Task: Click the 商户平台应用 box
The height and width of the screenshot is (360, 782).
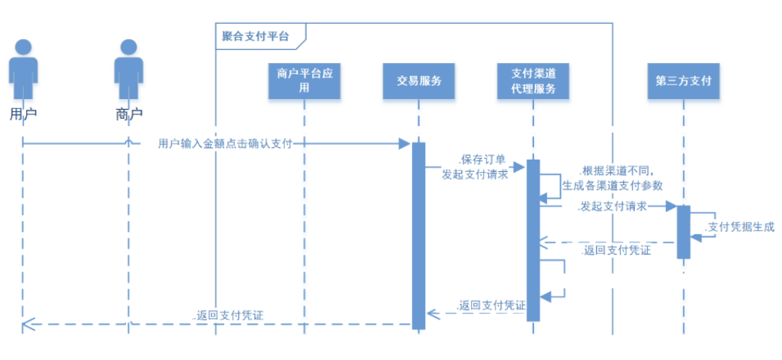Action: point(304,81)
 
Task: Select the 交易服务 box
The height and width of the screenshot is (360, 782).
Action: point(419,81)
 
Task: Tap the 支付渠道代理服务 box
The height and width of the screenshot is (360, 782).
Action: point(533,81)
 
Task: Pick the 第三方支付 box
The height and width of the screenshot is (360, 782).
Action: point(683,81)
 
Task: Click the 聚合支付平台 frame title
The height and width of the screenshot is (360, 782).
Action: point(256,35)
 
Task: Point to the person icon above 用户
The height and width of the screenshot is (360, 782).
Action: point(23,69)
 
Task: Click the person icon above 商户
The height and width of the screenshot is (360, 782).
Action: point(129,69)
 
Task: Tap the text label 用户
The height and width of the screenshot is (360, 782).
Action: point(23,114)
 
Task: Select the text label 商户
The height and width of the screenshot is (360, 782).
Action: point(129,114)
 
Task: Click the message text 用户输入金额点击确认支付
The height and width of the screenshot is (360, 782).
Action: point(225,144)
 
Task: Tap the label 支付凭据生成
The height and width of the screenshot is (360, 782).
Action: point(739,226)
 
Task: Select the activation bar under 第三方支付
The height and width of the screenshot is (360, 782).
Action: point(683,231)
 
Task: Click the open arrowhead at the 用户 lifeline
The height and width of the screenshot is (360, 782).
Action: point(28,324)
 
